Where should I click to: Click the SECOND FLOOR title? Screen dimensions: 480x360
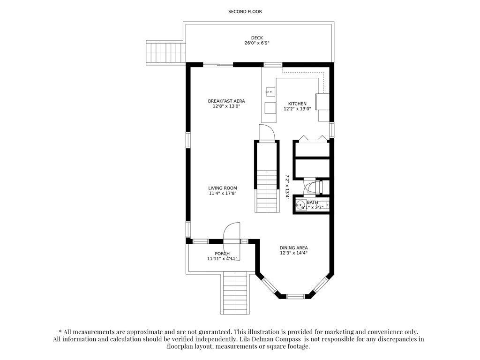(x=245, y=12)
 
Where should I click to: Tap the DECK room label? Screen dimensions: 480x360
(x=257, y=38)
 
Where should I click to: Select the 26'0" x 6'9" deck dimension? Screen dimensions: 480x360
(x=257, y=43)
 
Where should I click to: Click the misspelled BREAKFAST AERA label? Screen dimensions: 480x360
(x=226, y=101)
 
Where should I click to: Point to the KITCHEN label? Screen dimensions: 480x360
(x=297, y=104)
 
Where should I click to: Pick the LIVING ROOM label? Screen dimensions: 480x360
(x=223, y=188)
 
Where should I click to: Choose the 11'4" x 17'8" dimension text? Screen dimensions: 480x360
(x=223, y=194)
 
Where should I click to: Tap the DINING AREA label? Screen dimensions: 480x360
(x=293, y=248)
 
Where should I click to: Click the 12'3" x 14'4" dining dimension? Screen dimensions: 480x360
(x=293, y=253)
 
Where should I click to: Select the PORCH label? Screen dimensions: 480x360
(x=222, y=254)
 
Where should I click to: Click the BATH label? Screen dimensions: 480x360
(x=312, y=202)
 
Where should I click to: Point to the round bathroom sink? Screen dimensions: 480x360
(x=301, y=204)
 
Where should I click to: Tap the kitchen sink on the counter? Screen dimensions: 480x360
(x=270, y=92)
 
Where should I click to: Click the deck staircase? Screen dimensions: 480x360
(x=166, y=54)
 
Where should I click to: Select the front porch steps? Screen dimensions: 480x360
(x=235, y=293)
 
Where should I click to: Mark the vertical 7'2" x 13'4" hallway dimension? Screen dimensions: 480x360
(x=287, y=187)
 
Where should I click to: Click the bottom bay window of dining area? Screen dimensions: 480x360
(x=296, y=296)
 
